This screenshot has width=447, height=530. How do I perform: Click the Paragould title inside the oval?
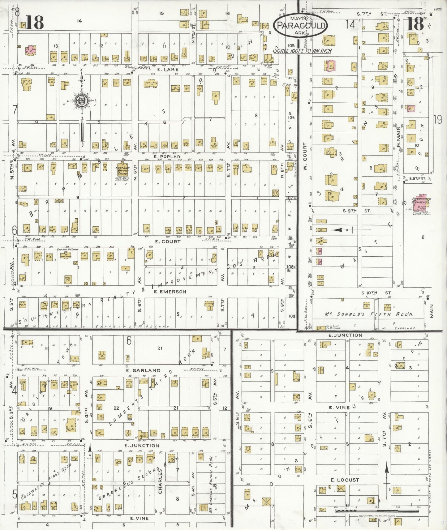point(301,25)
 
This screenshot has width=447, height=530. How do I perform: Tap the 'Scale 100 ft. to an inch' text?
point(303,50)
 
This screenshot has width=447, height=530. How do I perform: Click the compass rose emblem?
point(82,101)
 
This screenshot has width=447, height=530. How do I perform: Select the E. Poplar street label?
point(167,157)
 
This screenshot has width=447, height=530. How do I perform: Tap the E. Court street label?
point(167,241)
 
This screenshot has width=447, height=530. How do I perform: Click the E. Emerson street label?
point(170,292)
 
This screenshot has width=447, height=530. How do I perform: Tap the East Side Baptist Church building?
point(121,169)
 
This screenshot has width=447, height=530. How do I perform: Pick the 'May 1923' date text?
point(301,18)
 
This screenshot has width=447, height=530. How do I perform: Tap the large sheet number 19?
point(437,119)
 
